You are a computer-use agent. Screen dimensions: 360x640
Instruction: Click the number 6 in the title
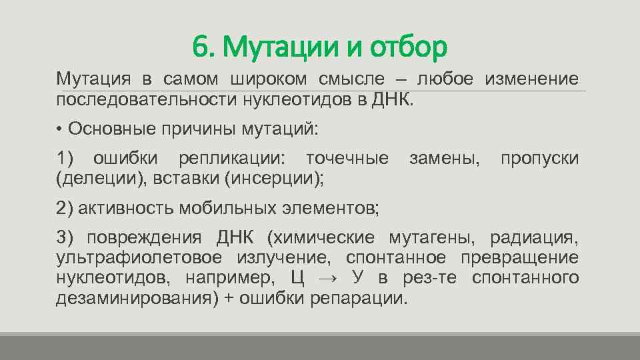pyautogui.click(x=199, y=47)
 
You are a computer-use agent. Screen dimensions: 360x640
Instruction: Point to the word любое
pyautogui.click(x=445, y=80)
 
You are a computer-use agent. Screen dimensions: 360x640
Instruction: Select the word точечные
pyautogui.click(x=347, y=159)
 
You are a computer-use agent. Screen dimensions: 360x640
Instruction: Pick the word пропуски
pyautogui.click(x=539, y=159)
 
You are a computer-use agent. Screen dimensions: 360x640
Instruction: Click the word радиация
pyautogui.click(x=535, y=239)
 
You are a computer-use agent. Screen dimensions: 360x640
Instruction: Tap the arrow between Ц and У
pyautogui.click(x=331, y=278)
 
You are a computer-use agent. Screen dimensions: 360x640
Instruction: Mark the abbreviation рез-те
pyautogui.click(x=430, y=278)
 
